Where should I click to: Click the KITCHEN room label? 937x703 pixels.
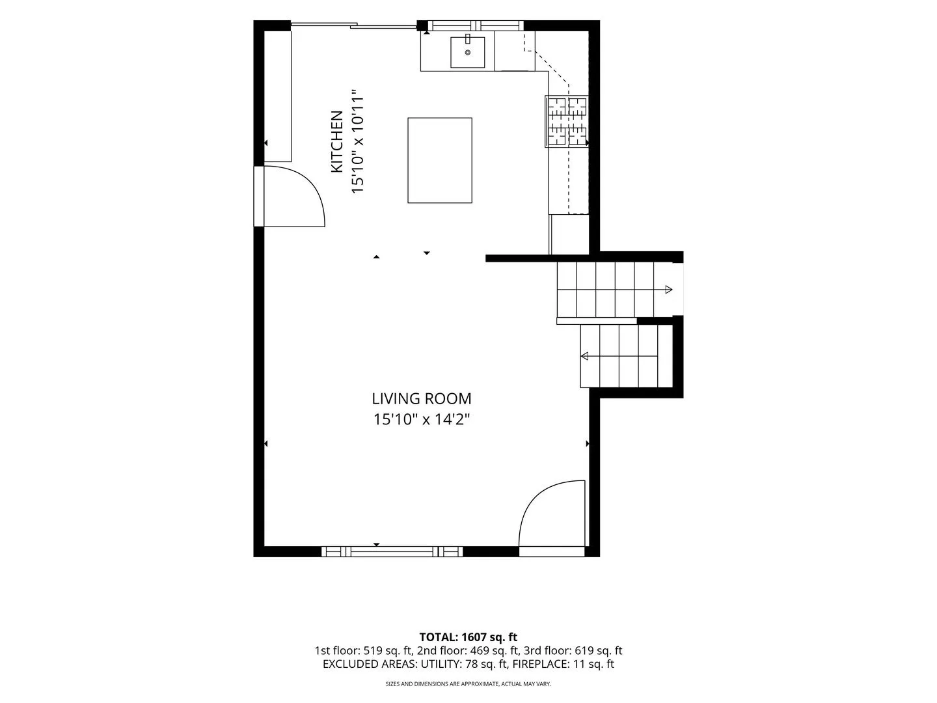pyautogui.click(x=337, y=142)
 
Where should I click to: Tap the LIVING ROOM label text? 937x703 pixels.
pyautogui.click(x=422, y=398)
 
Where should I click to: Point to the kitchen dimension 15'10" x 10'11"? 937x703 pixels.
pyautogui.click(x=357, y=141)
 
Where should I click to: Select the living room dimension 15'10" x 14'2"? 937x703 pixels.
pyautogui.click(x=422, y=419)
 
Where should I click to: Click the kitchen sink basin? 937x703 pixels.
pyautogui.click(x=467, y=52)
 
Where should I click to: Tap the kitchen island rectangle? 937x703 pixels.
pyautogui.click(x=440, y=161)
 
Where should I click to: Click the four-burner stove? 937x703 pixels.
pyautogui.click(x=567, y=122)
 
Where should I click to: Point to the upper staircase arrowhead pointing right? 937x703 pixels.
pyautogui.click(x=668, y=290)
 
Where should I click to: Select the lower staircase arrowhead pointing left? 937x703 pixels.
pyautogui.click(x=584, y=356)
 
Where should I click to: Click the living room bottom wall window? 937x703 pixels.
pyautogui.click(x=392, y=552)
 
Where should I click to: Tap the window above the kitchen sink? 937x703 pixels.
pyautogui.click(x=476, y=25)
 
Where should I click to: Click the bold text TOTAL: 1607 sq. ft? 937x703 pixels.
pyautogui.click(x=468, y=637)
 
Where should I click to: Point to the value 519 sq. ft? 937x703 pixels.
pyautogui.click(x=388, y=650)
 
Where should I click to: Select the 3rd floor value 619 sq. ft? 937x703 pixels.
pyautogui.click(x=598, y=650)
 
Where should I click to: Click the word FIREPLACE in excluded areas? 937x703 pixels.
pyautogui.click(x=539, y=664)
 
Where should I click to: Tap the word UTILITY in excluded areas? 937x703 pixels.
pyautogui.click(x=441, y=664)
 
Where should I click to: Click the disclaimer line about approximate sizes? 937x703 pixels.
pyautogui.click(x=468, y=683)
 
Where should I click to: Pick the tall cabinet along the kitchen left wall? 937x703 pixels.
pyautogui.click(x=278, y=96)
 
